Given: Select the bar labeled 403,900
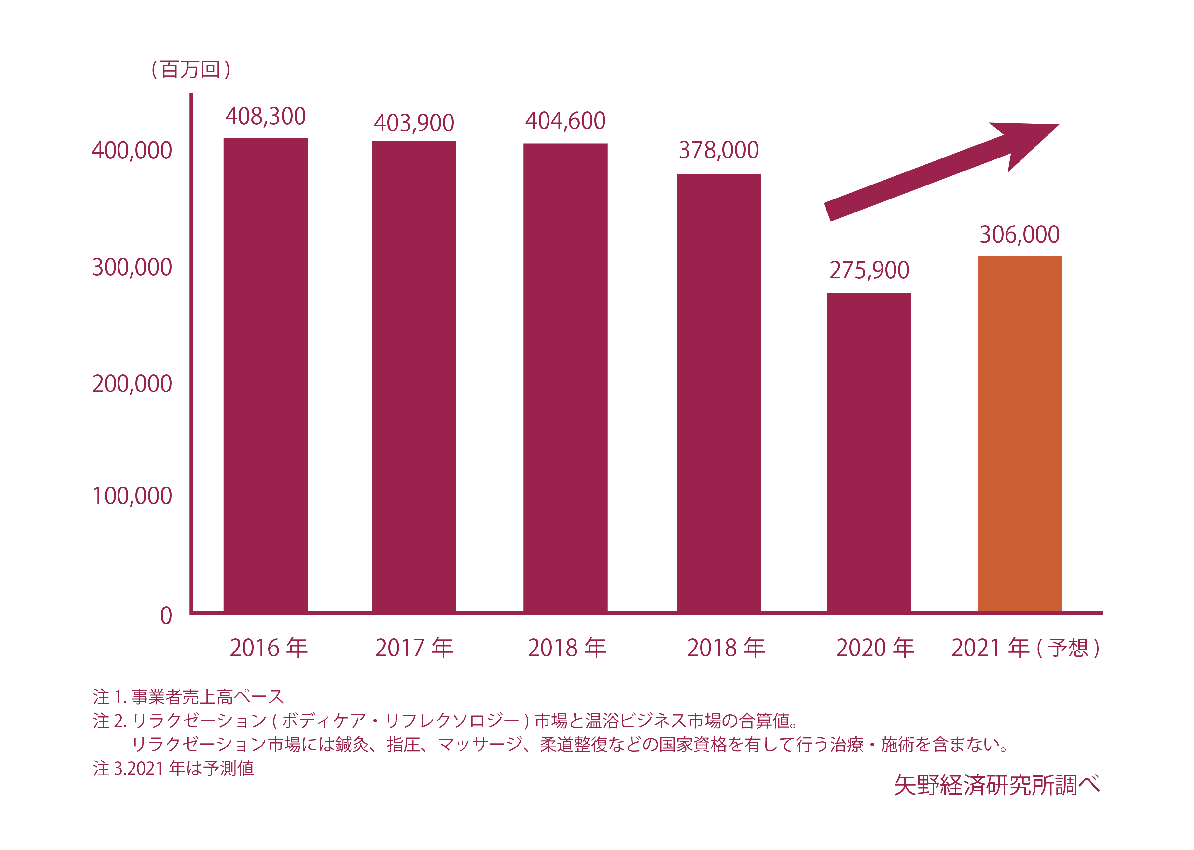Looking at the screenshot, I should tap(414, 376).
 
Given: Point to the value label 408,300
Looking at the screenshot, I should tap(265, 116).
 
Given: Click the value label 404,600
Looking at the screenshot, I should tap(565, 121).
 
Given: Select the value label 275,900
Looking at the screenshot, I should tap(869, 270).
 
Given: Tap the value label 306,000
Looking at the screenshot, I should tap(1019, 235).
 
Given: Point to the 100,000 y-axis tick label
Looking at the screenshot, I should tap(132, 496).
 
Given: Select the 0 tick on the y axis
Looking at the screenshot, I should tap(166, 615).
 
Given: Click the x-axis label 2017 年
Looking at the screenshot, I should tap(414, 648).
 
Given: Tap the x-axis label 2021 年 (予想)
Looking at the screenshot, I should tap(1025, 648).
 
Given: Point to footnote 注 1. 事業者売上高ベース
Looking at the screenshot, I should tap(188, 697).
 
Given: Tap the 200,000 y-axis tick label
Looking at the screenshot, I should tap(132, 384).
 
